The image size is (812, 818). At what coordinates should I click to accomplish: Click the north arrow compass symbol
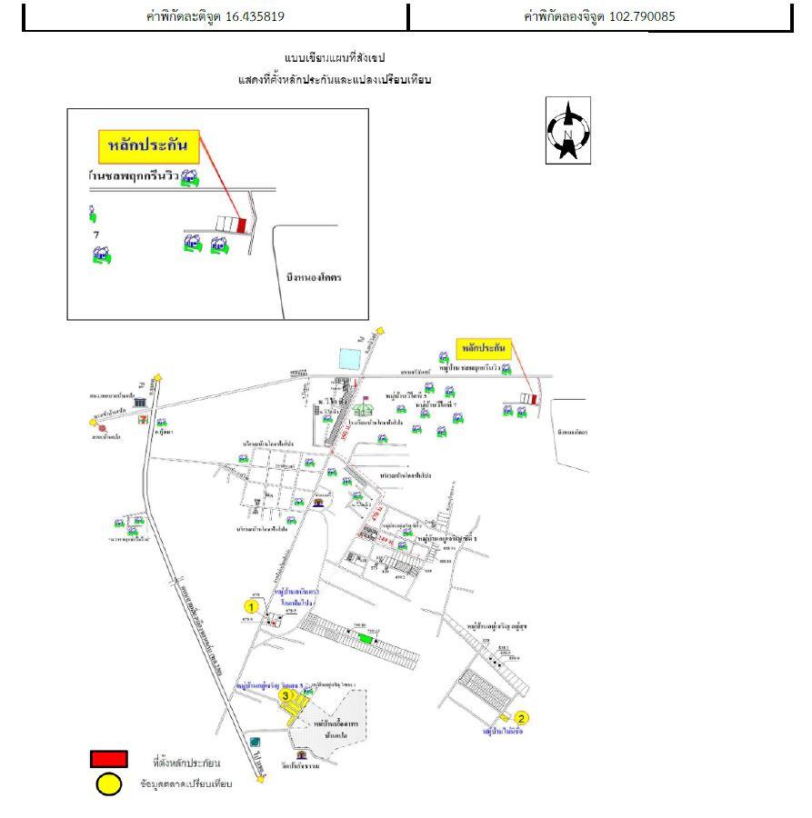click(568, 130)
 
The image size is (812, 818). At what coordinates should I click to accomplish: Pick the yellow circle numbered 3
click(286, 696)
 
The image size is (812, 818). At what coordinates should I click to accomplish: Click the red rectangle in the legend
click(108, 759)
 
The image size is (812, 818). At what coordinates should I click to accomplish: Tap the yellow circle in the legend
click(108, 783)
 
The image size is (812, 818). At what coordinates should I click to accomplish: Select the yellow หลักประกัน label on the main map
click(483, 349)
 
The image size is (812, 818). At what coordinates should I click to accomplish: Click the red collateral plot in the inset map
click(242, 224)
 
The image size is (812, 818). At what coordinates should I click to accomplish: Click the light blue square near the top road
click(348, 359)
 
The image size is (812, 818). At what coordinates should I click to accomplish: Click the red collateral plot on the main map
click(535, 398)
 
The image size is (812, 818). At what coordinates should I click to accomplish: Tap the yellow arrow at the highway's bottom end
click(261, 778)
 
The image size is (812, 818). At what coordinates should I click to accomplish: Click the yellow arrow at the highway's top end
click(158, 376)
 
